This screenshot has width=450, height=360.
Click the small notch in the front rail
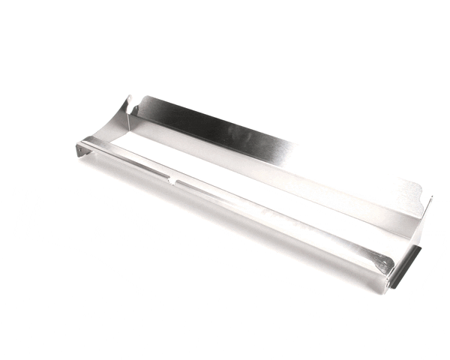pyautogui.click(x=175, y=181)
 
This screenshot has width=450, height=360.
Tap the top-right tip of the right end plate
pyautogui.click(x=432, y=197)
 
